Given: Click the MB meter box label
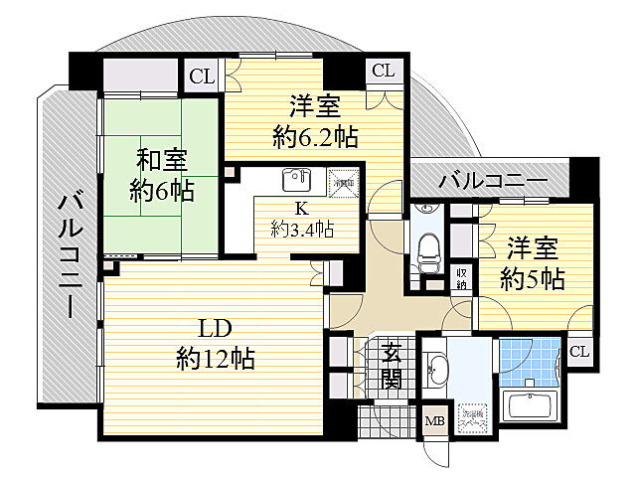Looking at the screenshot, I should point(434,422).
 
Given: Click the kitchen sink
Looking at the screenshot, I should point(295,180).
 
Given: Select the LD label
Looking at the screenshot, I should point(217,329).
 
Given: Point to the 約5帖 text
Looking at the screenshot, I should point(532,278).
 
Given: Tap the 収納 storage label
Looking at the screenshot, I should point(462,277).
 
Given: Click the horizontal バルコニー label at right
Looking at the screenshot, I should point(492,182).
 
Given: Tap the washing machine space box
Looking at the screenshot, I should point(472,418).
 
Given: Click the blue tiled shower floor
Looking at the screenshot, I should point(526,362).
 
